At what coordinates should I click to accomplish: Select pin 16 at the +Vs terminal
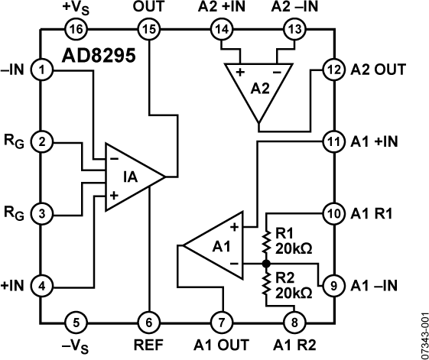[x=79, y=29]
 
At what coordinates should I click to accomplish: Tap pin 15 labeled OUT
[x=148, y=29]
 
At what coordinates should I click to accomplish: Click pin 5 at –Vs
[x=79, y=319]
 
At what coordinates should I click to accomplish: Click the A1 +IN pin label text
[x=377, y=142]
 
